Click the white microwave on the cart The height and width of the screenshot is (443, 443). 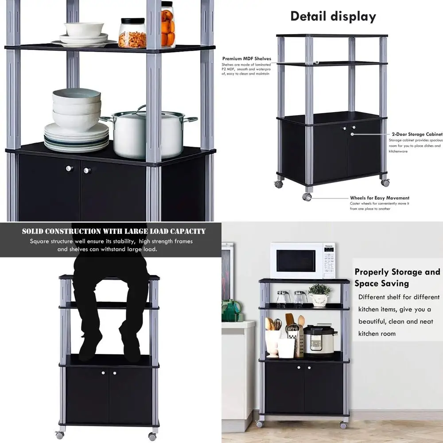coord(303,260)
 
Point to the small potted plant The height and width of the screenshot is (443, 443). coord(319,295)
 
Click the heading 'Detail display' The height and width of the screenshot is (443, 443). coord(333,17)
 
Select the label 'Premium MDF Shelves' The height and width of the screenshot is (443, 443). coord(247,58)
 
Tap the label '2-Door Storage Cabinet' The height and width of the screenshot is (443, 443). coord(417,134)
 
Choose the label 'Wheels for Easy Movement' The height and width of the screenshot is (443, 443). coord(380,198)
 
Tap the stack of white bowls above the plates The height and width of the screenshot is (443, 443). coord(76,109)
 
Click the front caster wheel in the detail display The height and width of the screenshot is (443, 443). coord(307,197)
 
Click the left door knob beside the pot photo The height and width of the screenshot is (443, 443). coord(69,168)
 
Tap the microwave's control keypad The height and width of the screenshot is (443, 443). coord(329,261)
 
